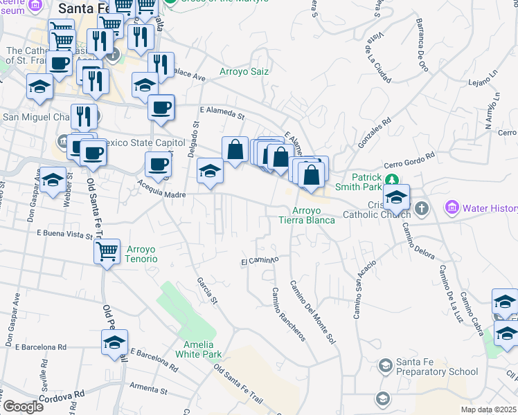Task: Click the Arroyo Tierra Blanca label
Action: click(306, 215)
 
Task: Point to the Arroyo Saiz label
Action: click(244, 71)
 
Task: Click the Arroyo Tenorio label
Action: click(142, 254)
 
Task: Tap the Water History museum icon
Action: click(452, 207)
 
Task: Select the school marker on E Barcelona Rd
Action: click(115, 342)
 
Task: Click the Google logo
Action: click(24, 407)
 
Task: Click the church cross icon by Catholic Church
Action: click(421, 207)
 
